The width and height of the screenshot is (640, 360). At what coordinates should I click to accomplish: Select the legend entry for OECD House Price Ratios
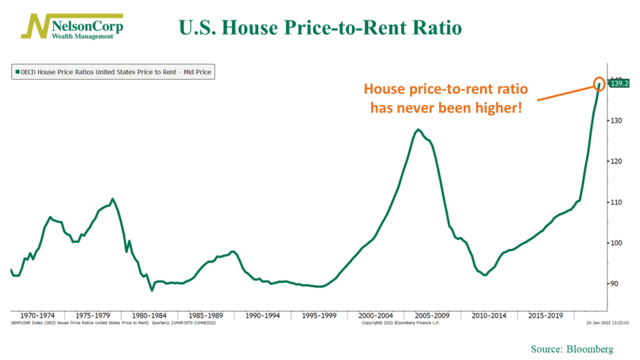coord(113,72)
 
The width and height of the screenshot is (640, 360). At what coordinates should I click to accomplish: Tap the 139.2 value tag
coord(617,84)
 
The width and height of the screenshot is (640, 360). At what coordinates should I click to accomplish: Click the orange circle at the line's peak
coord(600,83)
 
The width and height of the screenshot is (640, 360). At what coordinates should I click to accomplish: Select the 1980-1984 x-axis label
coord(150,315)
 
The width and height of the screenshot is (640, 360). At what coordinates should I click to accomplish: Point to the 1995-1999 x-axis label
coord(318,315)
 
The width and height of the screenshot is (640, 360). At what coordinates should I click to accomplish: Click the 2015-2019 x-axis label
coord(546,315)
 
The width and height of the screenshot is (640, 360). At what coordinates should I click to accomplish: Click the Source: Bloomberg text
coord(572,350)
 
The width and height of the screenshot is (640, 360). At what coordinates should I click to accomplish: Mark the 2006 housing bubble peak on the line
coord(418,129)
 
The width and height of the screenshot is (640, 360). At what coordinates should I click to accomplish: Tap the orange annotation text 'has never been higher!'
coord(446,107)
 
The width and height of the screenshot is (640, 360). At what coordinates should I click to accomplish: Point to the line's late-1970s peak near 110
coord(112,199)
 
